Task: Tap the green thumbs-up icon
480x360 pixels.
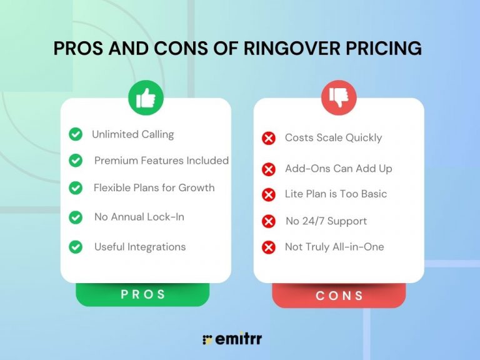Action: coord(146,97)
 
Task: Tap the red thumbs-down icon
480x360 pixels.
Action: coord(339,97)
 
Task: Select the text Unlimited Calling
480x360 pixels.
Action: coord(132,134)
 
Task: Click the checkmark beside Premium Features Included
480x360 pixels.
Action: coord(76,161)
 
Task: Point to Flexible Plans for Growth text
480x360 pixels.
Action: coord(154,187)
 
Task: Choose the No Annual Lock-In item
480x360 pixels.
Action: coord(139,217)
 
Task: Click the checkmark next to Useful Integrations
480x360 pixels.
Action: coord(76,247)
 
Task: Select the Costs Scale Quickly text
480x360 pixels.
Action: coord(333,137)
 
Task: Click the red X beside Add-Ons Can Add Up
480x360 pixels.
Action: coord(269,169)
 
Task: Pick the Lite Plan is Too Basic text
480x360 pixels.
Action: coord(336,194)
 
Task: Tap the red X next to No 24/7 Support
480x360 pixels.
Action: coord(269,221)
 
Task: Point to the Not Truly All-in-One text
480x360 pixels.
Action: coord(334,247)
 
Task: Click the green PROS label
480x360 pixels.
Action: coord(143,294)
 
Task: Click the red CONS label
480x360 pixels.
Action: coord(339,296)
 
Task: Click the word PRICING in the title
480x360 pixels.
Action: coord(385,49)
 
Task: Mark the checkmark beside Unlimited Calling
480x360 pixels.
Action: coord(76,134)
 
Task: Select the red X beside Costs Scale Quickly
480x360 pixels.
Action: coord(269,138)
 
